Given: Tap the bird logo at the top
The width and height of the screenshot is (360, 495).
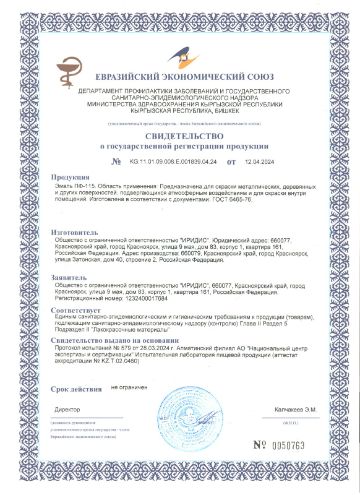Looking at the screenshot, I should [x=181, y=56].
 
